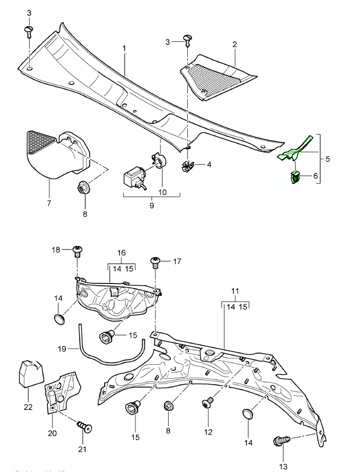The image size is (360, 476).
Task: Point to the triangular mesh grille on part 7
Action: (40, 141)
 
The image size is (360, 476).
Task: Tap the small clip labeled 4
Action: (188, 166)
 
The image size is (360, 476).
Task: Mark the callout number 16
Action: (122, 253)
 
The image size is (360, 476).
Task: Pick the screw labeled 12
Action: (208, 404)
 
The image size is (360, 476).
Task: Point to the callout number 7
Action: (49, 204)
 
